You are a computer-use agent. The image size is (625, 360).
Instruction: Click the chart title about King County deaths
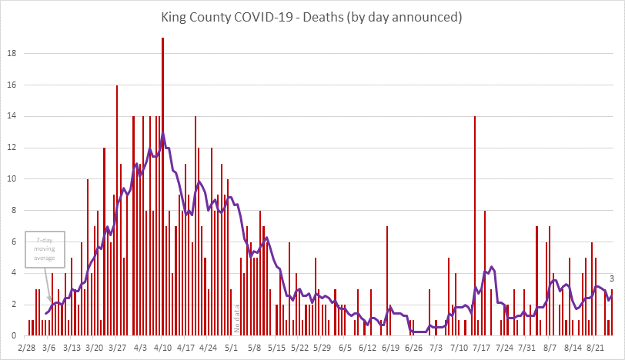(x=312, y=15)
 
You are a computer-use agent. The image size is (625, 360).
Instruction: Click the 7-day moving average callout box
(x=45, y=249)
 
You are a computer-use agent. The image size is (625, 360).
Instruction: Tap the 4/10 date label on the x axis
(x=162, y=348)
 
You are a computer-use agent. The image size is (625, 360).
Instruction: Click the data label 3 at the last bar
(x=611, y=278)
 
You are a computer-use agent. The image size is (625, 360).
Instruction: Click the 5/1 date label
(x=231, y=348)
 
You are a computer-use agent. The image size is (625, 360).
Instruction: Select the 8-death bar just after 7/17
(x=485, y=273)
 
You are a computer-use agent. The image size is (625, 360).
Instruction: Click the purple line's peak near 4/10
(x=162, y=134)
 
